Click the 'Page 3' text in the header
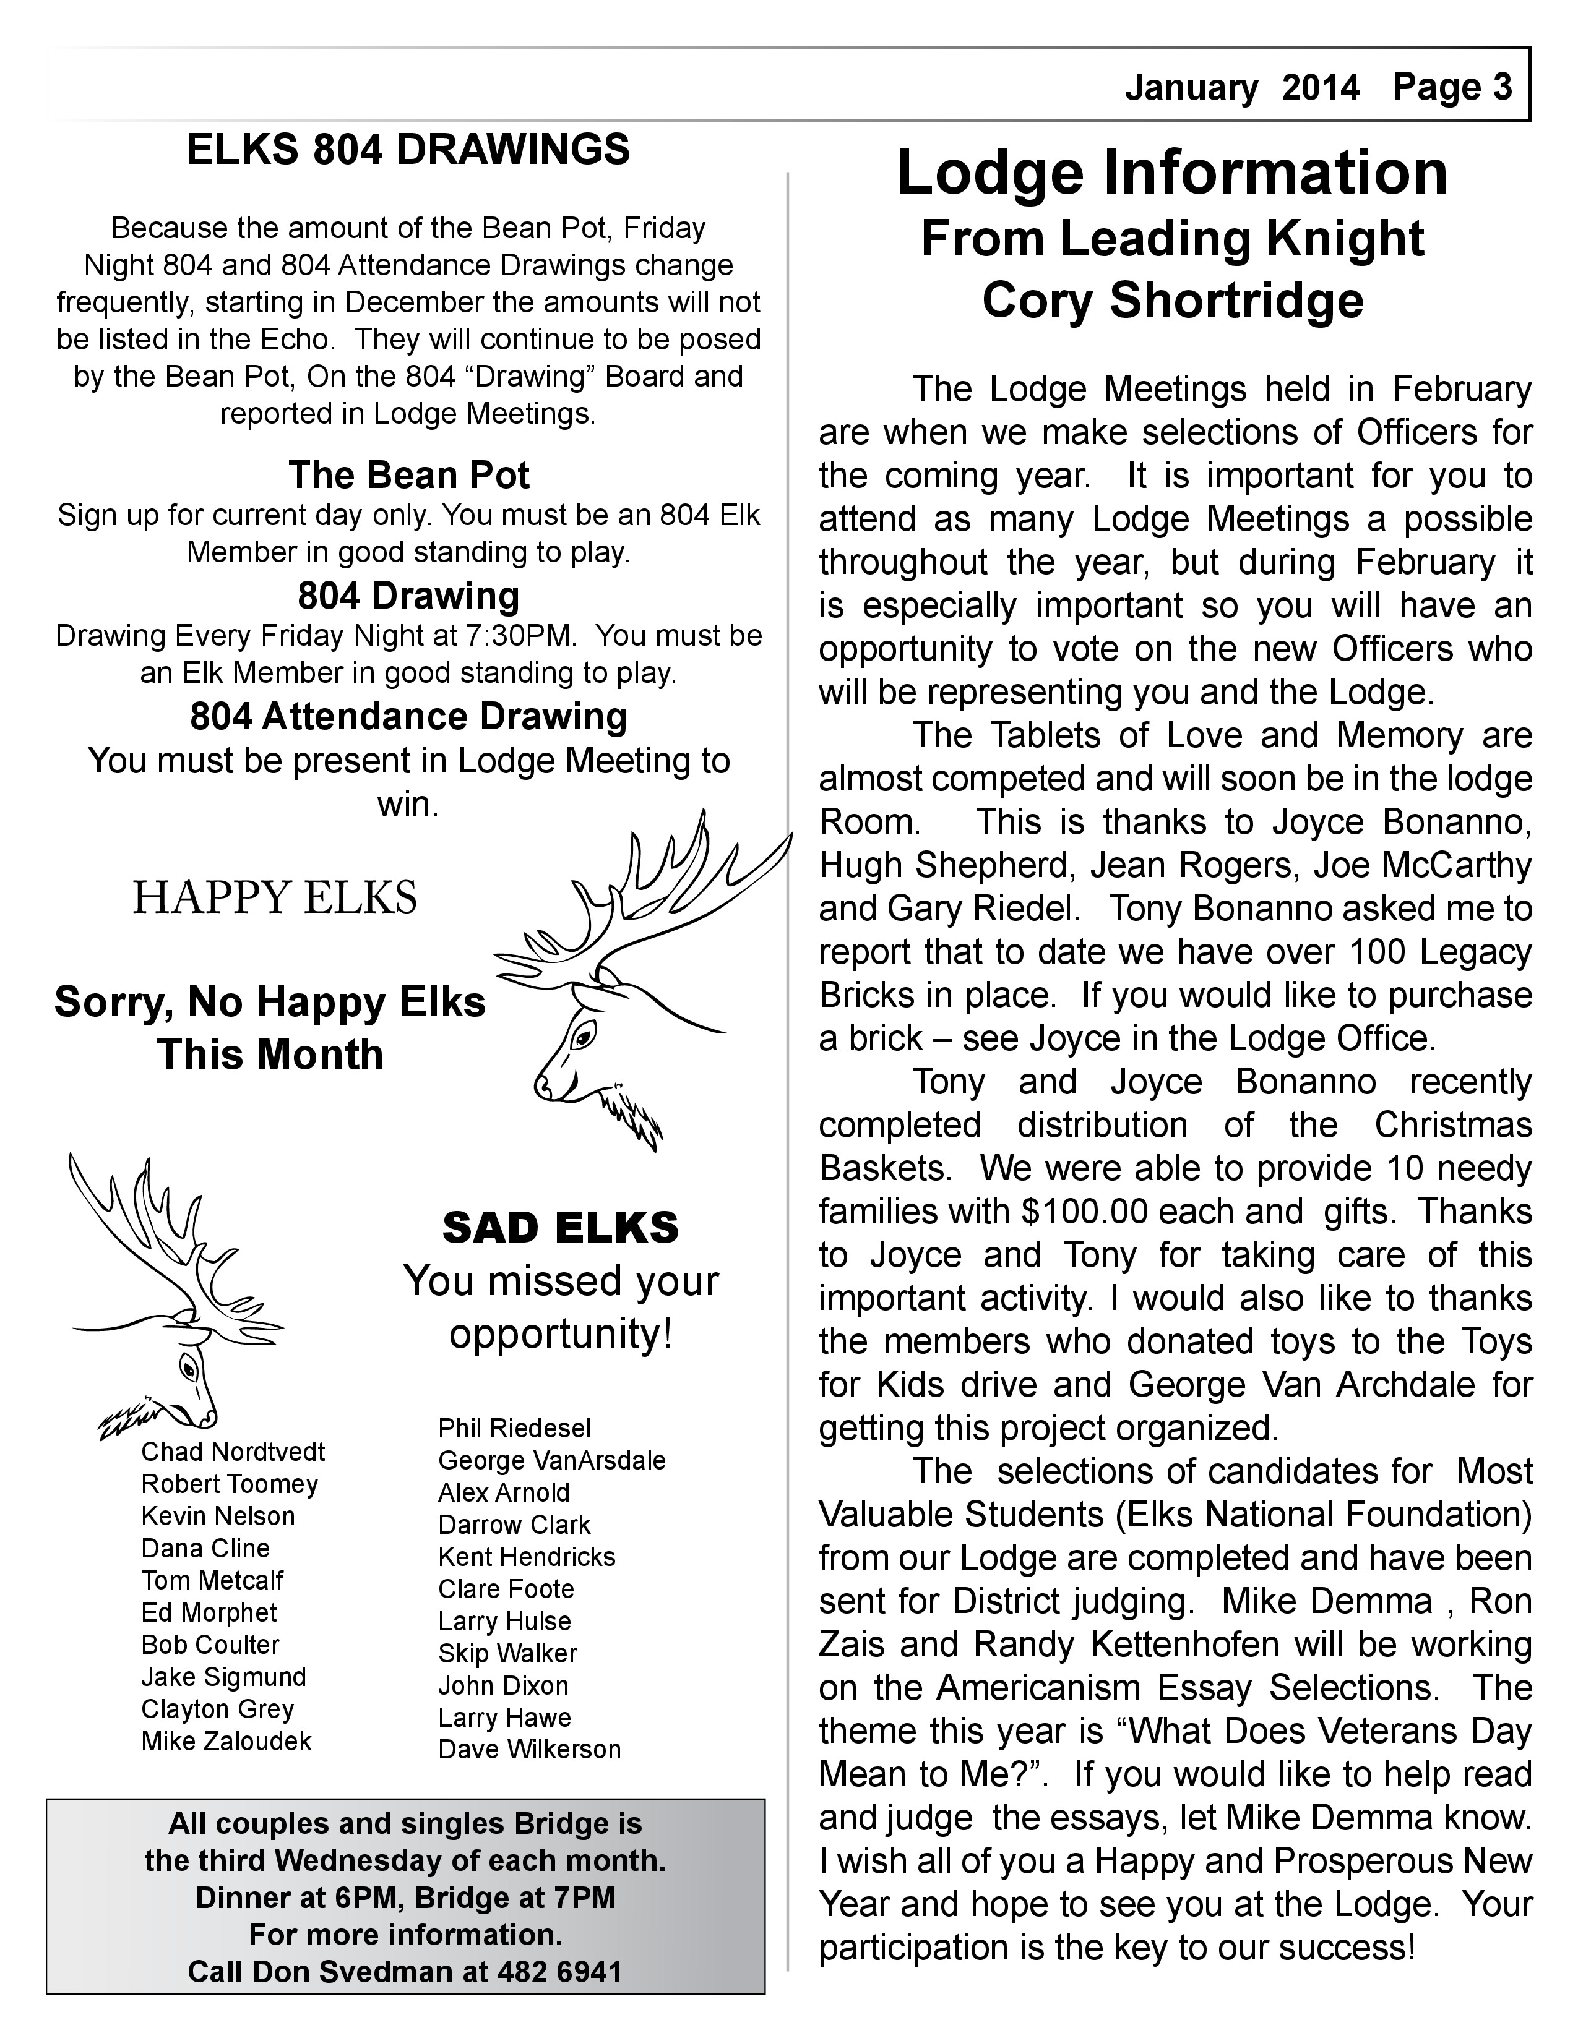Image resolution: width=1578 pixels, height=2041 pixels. coord(1452,87)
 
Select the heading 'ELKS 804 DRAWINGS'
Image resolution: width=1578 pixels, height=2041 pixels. coord(408,150)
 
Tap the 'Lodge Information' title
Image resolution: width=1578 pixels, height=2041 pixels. coord(1172,173)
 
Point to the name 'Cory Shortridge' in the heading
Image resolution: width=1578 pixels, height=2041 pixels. coord(1172,301)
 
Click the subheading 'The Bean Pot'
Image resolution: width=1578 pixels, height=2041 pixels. coord(408,475)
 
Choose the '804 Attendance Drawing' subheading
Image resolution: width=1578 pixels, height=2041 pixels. coord(408,717)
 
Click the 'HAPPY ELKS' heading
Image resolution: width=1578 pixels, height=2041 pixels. coord(275,898)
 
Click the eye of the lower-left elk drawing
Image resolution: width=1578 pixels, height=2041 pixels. coord(190,1370)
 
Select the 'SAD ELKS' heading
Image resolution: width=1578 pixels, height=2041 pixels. coord(560,1228)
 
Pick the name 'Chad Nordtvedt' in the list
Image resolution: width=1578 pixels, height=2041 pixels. coord(233,1452)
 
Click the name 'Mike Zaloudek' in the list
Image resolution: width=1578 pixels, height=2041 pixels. coord(226,1741)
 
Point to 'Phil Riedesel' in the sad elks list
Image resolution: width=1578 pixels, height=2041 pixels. coord(514,1428)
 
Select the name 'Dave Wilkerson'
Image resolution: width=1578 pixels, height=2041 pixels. coord(529,1750)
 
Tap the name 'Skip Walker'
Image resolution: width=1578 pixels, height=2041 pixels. coord(507,1653)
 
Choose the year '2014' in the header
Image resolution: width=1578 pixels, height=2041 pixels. coord(1320,88)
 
